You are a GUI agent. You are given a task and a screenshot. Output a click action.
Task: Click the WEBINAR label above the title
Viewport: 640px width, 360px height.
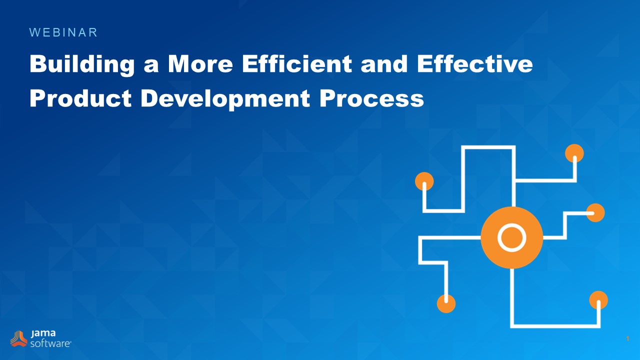pos(63,32)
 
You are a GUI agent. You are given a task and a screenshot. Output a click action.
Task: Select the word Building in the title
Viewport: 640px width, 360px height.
pos(82,65)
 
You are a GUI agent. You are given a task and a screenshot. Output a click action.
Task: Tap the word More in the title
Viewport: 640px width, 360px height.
pos(198,64)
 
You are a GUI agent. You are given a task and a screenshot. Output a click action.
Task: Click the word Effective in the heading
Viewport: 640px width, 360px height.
pos(470,64)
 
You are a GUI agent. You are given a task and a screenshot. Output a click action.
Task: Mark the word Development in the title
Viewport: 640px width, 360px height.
pos(225,98)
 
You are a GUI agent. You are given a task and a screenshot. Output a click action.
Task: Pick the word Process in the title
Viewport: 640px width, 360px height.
pos(371,98)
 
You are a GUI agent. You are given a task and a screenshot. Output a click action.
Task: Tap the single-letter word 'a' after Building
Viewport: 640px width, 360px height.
pos(151,66)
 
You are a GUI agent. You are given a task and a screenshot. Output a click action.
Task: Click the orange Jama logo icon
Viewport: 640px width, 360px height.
pos(19,338)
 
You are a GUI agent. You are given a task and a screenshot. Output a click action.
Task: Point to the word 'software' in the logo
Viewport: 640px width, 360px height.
pos(50,343)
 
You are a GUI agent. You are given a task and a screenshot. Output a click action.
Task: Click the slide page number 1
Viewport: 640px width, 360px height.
pos(627,339)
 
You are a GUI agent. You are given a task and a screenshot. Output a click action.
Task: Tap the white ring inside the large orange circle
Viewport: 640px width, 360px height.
pos(511,237)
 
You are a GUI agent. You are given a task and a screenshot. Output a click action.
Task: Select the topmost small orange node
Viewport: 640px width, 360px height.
pos(574,153)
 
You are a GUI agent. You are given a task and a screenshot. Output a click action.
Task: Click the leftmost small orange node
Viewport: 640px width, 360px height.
pos(424,181)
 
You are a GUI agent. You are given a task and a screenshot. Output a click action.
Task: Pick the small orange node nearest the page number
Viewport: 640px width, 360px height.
pos(598,300)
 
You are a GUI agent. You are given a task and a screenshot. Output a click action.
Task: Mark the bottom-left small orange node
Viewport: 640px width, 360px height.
pos(446,303)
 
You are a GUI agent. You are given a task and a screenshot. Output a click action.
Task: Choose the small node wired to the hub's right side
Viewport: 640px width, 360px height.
pos(595,212)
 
